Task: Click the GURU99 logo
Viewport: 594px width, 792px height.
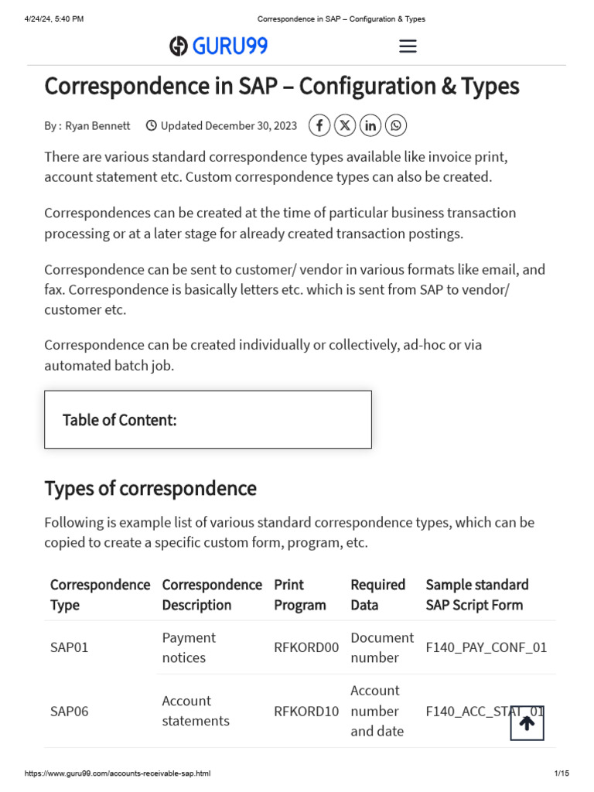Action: (219, 46)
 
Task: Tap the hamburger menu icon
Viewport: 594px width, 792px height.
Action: (408, 46)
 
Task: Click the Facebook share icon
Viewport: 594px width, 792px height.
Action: (319, 125)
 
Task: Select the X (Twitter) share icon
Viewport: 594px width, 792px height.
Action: (345, 125)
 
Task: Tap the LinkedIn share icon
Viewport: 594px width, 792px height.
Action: (370, 125)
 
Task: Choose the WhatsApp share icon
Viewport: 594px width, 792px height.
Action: (395, 125)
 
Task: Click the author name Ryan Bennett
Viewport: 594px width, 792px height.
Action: (97, 125)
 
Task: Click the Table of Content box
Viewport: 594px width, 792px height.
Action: (207, 419)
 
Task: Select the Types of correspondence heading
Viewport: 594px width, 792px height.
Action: (150, 488)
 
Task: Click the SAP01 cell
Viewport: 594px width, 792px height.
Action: (70, 647)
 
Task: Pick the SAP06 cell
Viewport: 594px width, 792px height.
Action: (70, 711)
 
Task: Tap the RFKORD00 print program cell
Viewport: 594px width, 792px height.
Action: (306, 647)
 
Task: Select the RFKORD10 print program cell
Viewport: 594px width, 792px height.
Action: (306, 711)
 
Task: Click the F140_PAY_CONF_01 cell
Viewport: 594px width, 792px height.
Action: (486, 647)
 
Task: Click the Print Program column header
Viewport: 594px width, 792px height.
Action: (300, 595)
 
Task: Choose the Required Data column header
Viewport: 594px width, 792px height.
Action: (377, 595)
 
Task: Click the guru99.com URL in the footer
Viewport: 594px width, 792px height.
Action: (118, 773)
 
